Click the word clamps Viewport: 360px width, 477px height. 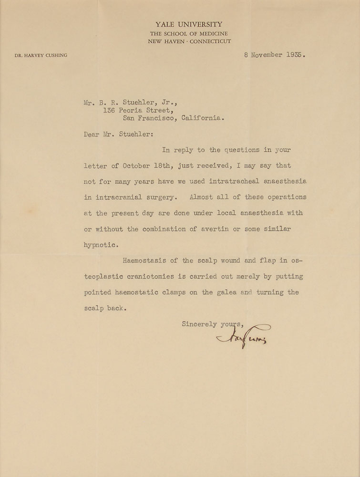(179, 292)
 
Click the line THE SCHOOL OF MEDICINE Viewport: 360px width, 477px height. (189, 33)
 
